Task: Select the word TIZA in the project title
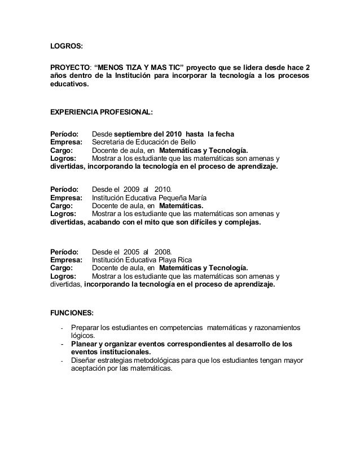pos(136,65)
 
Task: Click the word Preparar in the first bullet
pos(85,328)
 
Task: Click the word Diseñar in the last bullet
pos(84,360)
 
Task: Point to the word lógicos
pos(84,336)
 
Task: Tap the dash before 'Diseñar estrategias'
pos(60,360)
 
